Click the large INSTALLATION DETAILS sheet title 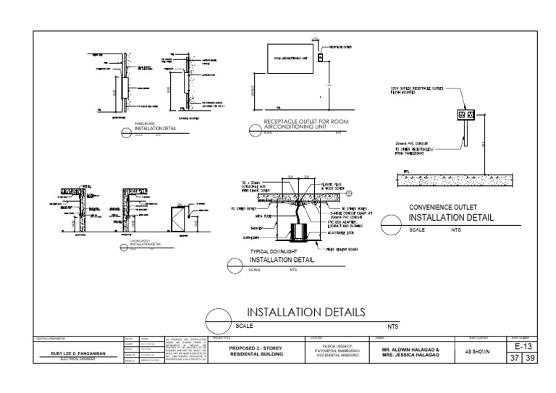306,312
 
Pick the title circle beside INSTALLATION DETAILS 219,319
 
